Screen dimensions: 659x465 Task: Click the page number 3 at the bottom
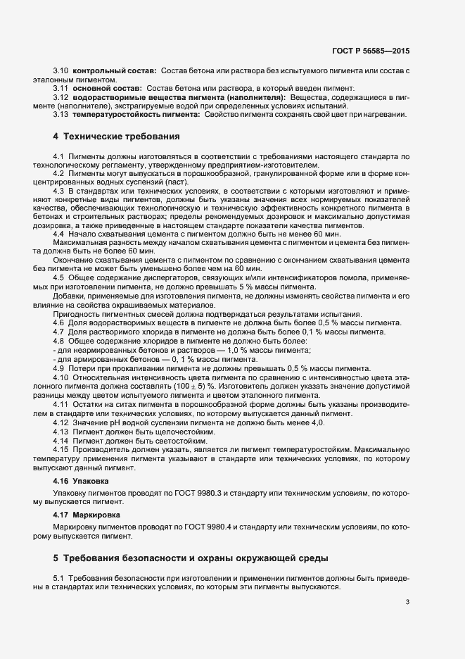coord(408,602)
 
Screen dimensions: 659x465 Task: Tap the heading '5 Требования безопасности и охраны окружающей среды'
coord(190,558)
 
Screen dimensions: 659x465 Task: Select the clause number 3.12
coord(60,96)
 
